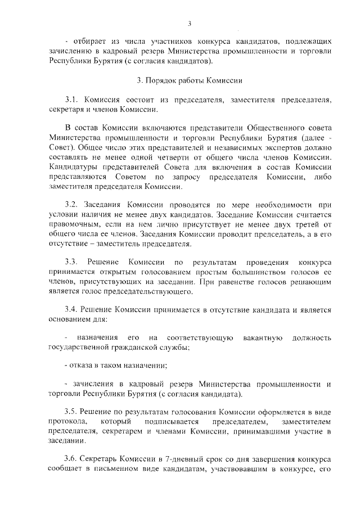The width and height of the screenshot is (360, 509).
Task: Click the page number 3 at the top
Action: pyautogui.click(x=190, y=23)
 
